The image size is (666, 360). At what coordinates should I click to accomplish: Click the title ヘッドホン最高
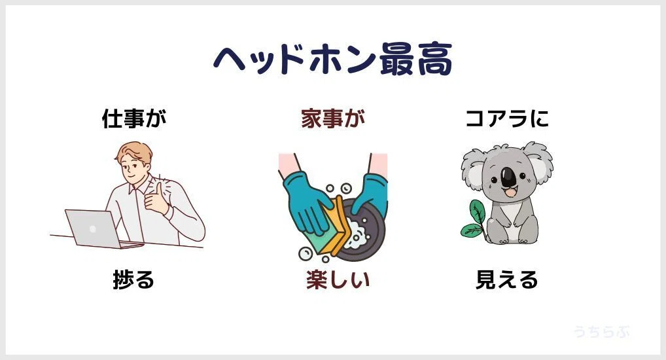[332, 59]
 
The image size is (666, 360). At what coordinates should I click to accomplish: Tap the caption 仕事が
[134, 118]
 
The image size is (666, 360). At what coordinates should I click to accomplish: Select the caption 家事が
[333, 118]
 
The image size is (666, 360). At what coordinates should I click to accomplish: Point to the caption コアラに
[507, 118]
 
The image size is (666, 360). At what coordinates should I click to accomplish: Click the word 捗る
[133, 279]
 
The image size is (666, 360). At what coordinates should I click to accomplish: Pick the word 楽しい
[338, 279]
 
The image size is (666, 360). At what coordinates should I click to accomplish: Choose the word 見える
[507, 279]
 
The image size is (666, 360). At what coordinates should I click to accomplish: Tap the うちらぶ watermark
[602, 331]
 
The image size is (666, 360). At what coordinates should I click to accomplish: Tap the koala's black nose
[508, 177]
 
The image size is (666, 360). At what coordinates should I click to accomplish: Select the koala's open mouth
[509, 193]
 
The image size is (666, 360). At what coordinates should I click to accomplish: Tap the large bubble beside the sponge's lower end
[306, 253]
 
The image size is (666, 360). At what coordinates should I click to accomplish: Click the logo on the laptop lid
[93, 228]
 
